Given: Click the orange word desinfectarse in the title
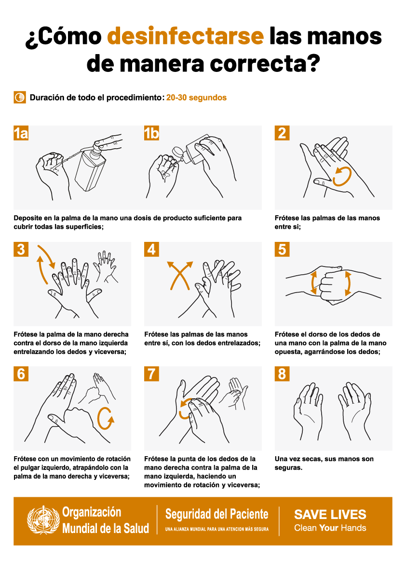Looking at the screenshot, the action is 185,36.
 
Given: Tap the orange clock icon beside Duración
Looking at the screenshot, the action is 20,98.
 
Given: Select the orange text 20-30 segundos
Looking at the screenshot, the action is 196,98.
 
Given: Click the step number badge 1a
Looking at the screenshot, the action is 21,133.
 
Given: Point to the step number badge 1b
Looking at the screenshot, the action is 151,133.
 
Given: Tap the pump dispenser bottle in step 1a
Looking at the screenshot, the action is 92,165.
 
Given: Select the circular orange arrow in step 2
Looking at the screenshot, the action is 342,176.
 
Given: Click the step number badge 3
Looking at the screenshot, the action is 21,250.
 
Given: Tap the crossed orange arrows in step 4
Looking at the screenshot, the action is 180,275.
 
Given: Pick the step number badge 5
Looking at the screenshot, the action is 282,250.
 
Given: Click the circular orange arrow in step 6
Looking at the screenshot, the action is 106,418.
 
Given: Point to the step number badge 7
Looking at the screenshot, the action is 151,374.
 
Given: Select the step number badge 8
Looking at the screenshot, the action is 282,374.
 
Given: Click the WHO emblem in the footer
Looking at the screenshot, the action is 43,520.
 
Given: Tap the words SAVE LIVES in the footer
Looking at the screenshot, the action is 330,515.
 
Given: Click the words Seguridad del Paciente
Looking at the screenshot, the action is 217,514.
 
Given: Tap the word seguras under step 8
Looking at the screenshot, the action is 288,467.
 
